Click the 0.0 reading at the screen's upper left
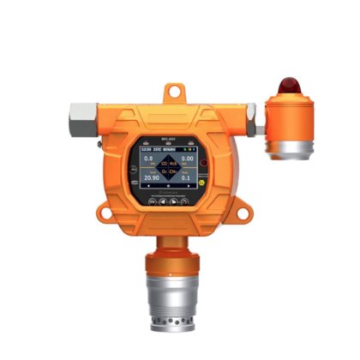pos(147,159)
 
